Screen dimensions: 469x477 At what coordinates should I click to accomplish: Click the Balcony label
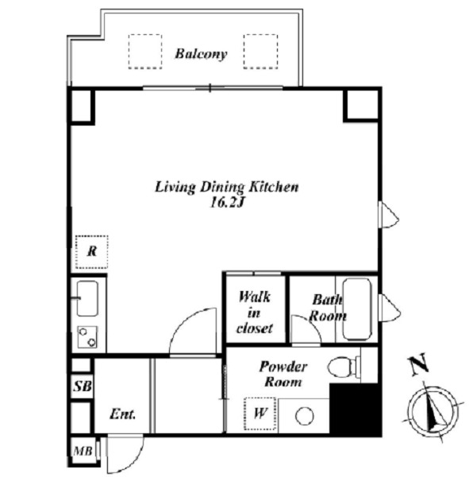[201, 54]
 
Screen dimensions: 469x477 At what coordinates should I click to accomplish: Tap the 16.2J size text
[227, 203]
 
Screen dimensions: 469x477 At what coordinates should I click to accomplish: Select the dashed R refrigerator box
[91, 252]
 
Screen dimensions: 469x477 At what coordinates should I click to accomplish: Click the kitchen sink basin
[87, 298]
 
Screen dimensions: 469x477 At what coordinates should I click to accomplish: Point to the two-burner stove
[87, 337]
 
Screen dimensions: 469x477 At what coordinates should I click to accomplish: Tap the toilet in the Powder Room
[344, 366]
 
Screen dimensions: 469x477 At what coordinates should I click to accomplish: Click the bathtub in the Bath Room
[357, 309]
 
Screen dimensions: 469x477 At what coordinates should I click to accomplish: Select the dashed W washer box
[260, 413]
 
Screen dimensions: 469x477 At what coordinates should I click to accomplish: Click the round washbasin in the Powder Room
[305, 416]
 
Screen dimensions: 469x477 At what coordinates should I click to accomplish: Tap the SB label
[82, 386]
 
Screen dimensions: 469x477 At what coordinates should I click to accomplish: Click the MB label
[83, 451]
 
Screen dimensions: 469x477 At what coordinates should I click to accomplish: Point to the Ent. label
[122, 414]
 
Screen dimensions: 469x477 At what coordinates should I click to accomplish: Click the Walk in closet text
[255, 312]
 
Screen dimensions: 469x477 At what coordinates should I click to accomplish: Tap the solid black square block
[356, 409]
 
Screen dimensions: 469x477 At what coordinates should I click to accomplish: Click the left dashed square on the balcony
[145, 52]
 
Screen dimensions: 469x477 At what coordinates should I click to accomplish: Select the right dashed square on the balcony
[260, 52]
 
